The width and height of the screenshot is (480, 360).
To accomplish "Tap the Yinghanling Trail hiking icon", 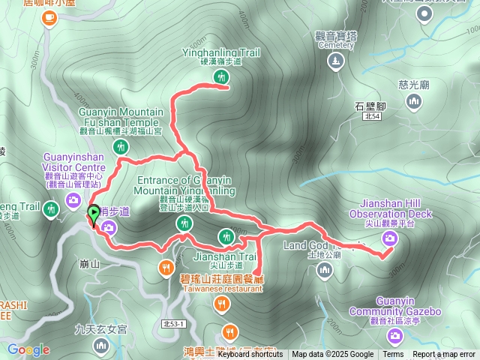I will [220, 76].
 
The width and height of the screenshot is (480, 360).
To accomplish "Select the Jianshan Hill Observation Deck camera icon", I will [389, 238].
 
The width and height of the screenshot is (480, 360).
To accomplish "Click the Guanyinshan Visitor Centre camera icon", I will [73, 199].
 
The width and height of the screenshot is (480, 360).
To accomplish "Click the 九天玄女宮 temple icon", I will [101, 346].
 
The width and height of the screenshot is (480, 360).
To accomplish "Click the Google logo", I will [28, 349].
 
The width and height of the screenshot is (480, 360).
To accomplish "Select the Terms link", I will [393, 355].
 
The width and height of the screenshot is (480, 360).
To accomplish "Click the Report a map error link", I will [444, 355].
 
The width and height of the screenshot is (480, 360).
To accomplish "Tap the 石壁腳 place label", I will [370, 106].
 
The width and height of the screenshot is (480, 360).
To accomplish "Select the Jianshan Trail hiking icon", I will [226, 237].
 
